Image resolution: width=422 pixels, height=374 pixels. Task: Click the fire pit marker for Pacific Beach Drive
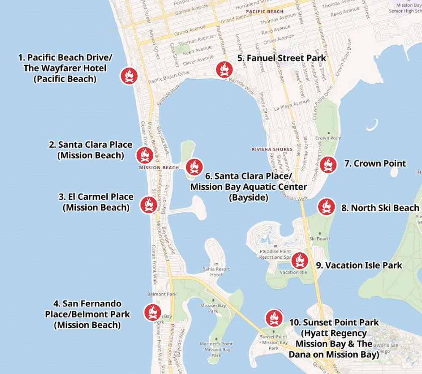(129, 76)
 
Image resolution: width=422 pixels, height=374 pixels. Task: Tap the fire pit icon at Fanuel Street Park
(224, 70)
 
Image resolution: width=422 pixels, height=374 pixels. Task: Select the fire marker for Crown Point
(328, 165)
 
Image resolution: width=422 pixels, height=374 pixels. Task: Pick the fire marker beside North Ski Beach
(326, 207)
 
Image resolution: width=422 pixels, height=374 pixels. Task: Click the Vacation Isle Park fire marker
(300, 260)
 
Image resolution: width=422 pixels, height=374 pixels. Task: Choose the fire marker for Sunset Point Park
(273, 318)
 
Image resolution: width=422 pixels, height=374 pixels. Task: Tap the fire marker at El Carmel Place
(149, 205)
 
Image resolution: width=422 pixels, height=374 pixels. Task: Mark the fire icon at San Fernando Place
(152, 312)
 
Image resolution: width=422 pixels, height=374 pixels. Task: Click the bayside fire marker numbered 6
(194, 166)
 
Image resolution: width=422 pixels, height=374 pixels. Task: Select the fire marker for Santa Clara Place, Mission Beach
(144, 155)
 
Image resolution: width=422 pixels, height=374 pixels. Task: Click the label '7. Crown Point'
(375, 163)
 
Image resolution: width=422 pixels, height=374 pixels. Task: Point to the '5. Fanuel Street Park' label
(282, 58)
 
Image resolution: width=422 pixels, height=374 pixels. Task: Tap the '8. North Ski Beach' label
(380, 208)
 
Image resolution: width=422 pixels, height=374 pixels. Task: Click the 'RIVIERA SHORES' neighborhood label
(272, 149)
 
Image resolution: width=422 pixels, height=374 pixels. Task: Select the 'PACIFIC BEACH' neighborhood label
(265, 11)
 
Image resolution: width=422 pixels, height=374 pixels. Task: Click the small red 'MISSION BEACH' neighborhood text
(159, 168)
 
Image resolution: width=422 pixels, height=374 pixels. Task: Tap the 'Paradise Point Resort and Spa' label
(275, 254)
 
